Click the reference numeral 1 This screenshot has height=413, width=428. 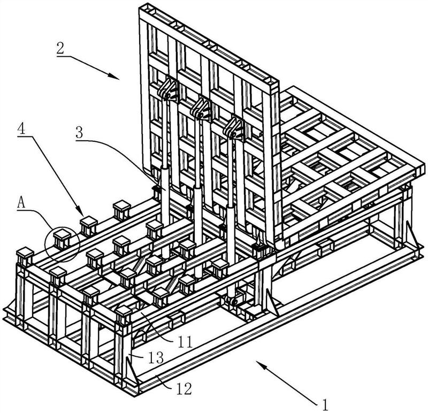(x=325, y=404)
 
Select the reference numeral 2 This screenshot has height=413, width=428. (x=60, y=49)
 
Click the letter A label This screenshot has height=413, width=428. (x=21, y=203)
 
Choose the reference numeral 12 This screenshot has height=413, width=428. (x=184, y=389)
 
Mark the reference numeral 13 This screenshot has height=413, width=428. (x=156, y=357)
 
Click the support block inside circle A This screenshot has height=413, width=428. (x=62, y=239)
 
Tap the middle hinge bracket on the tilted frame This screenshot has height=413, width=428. (x=201, y=108)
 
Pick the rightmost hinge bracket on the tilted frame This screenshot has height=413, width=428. (x=234, y=128)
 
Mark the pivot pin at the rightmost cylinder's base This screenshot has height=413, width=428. (x=234, y=302)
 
